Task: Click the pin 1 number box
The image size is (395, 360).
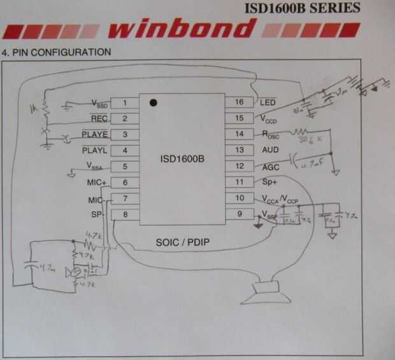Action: (x=125, y=103)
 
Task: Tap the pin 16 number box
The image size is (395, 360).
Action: (x=240, y=102)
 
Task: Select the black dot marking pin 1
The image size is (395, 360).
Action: (x=153, y=102)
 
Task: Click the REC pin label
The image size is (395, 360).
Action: (x=100, y=119)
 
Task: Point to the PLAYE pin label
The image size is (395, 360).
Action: (x=95, y=134)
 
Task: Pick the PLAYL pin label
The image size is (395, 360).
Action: (x=95, y=150)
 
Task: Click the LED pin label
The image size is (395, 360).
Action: (x=267, y=102)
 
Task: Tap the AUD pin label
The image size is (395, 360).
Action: (x=270, y=150)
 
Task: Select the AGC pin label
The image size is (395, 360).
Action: (x=269, y=166)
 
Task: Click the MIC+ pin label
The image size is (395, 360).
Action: (x=97, y=183)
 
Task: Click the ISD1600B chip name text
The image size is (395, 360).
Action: (x=182, y=159)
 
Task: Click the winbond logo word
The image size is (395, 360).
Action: (x=180, y=29)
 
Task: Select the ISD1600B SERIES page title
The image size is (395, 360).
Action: (x=301, y=8)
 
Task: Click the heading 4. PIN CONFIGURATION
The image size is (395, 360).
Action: (x=56, y=51)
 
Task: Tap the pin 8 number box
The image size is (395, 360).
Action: (x=125, y=215)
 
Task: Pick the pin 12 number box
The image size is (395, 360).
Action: (x=240, y=166)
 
